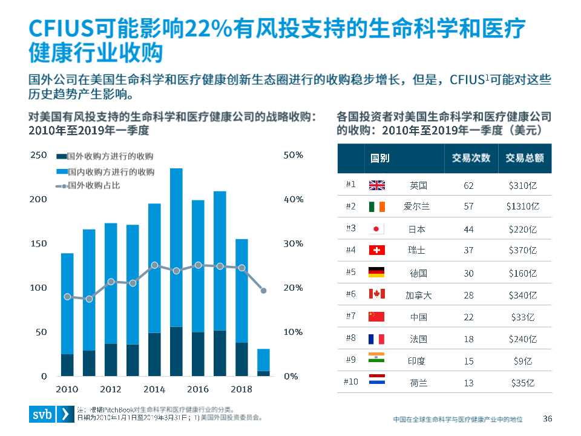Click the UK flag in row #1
click(x=376, y=185)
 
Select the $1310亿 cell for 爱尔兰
click(x=522, y=207)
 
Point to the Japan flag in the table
click(x=376, y=229)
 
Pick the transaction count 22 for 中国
click(x=468, y=317)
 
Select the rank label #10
click(x=350, y=382)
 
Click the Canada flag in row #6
click(x=376, y=294)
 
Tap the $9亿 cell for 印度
click(x=522, y=361)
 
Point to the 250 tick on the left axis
click(x=39, y=155)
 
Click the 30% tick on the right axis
click(x=293, y=243)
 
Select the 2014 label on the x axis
click(x=154, y=389)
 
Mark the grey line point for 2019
click(x=263, y=291)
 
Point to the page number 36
click(x=548, y=418)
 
